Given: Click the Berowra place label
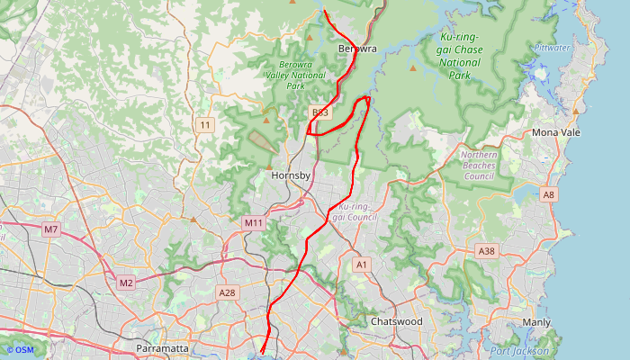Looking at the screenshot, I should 356,48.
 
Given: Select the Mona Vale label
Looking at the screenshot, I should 557,132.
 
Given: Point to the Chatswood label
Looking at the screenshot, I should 396,321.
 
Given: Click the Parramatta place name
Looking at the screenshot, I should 162,347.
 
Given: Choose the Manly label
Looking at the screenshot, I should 536,321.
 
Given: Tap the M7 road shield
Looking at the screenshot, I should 51,229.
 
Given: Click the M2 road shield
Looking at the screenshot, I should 126,283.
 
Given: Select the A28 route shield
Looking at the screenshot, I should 228,292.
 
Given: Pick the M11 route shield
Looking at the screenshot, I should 253,222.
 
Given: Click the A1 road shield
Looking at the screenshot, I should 362,265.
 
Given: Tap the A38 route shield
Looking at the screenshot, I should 487,250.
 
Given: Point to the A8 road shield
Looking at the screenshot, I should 549,193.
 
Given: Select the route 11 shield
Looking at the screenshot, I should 206,124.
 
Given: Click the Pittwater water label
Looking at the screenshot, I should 551,47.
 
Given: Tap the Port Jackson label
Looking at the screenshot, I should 519,350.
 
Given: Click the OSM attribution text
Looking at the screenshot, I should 19,350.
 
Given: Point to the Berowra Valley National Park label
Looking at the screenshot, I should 302,76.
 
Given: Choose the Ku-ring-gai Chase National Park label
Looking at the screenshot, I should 461,57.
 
